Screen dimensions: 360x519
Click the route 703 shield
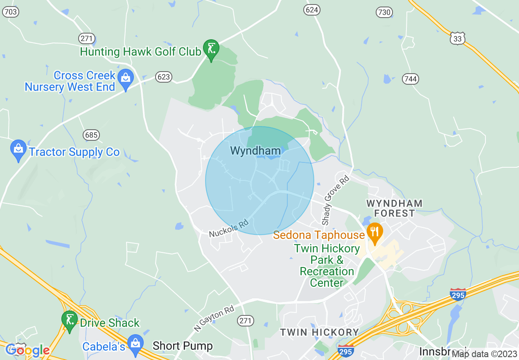coord(11,12)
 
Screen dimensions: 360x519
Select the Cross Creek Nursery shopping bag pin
coord(125,78)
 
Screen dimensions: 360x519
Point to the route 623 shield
coord(163,76)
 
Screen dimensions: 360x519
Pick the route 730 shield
coord(384,13)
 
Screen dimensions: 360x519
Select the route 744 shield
coord(411,79)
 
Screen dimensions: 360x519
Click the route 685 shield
coord(91,135)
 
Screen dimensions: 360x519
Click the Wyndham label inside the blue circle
coord(255,151)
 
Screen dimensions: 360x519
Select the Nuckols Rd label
coord(229,229)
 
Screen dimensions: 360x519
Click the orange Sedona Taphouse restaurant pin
coord(375,232)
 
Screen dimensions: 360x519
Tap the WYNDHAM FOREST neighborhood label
coord(395,208)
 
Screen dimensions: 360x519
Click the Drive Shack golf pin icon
coord(70,320)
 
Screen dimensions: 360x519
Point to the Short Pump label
coord(183,346)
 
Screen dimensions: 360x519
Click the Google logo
coord(27,350)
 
